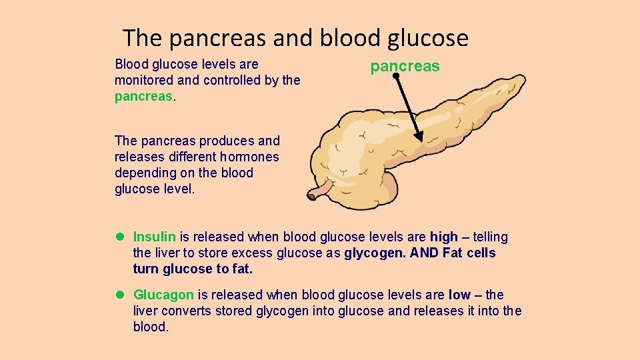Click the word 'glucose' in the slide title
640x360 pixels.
click(x=428, y=38)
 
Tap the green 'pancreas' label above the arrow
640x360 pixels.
click(x=405, y=66)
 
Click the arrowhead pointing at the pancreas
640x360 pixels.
click(x=419, y=137)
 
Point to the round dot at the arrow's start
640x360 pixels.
click(x=395, y=77)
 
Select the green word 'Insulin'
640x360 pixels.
click(x=154, y=237)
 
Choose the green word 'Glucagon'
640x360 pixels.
click(x=163, y=295)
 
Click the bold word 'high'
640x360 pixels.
click(x=444, y=237)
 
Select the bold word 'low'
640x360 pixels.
click(x=459, y=295)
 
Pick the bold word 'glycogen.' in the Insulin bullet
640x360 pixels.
click(x=375, y=253)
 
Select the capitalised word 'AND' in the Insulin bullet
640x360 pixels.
click(x=423, y=253)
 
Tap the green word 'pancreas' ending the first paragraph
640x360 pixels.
click(x=143, y=96)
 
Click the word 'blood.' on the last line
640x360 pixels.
click(x=151, y=327)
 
